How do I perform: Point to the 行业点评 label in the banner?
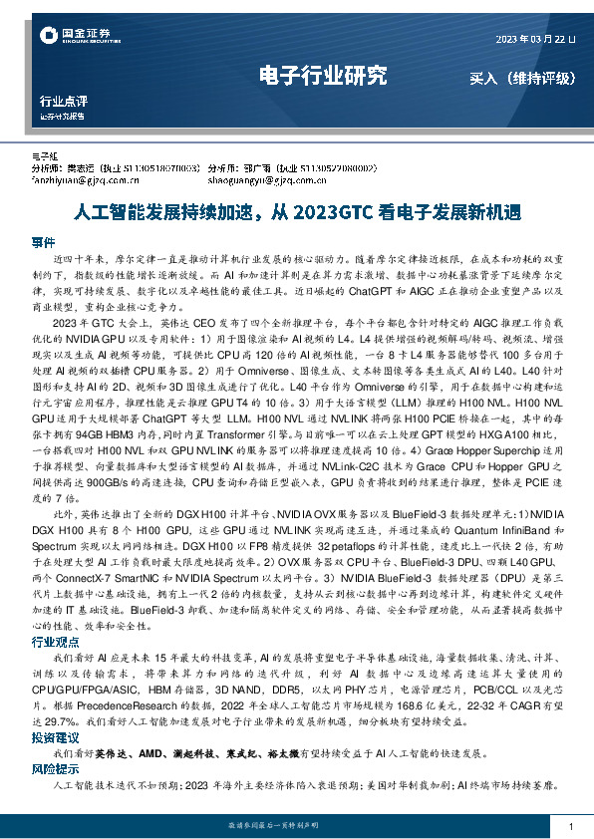[63, 102]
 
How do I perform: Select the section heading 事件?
[43, 242]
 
